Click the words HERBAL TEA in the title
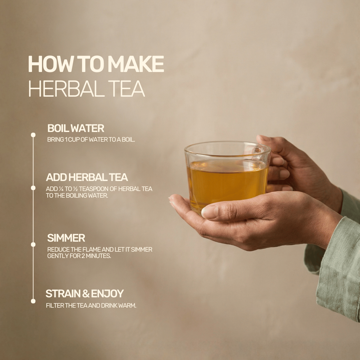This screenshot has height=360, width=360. click(x=86, y=89)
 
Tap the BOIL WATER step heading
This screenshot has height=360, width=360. click(x=76, y=128)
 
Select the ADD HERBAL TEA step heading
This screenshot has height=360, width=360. click(x=87, y=177)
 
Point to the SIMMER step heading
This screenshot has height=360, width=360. click(x=66, y=238)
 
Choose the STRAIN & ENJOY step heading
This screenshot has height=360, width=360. click(x=84, y=294)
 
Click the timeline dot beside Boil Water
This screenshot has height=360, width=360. click(x=33, y=135)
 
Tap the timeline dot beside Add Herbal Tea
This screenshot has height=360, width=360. click(x=33, y=188)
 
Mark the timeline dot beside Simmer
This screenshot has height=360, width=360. click(x=33, y=244)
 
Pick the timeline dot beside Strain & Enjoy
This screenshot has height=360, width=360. click(x=33, y=301)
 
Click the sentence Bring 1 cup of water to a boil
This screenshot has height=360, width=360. click(x=91, y=140)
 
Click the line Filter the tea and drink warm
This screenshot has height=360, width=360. click(x=91, y=306)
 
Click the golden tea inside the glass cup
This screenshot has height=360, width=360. click(x=227, y=183)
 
